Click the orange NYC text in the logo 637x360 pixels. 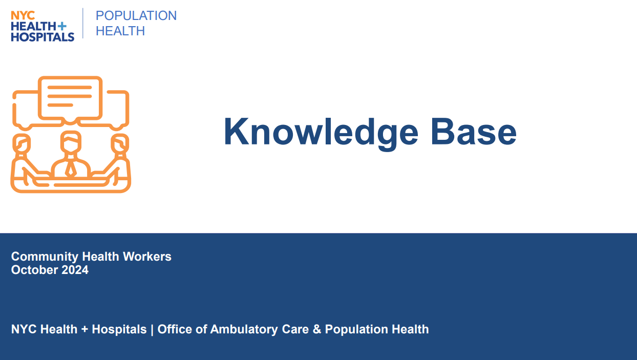point(23,15)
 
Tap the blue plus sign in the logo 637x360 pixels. point(62,26)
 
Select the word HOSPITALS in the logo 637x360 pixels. point(43,37)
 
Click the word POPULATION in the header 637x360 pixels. point(136,16)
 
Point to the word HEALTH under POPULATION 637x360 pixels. point(120,31)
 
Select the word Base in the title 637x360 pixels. point(474,132)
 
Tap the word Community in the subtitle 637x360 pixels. point(45,257)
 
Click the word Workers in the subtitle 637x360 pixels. point(147,257)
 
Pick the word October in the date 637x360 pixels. point(34,270)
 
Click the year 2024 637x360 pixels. point(75,270)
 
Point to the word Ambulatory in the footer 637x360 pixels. point(244,329)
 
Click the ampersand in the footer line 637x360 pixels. point(317,329)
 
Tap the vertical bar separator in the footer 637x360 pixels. point(152,330)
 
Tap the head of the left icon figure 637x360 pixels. point(22,143)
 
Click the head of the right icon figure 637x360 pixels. point(120,143)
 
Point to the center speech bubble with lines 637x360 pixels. point(70,100)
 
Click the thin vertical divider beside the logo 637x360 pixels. point(83,23)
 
